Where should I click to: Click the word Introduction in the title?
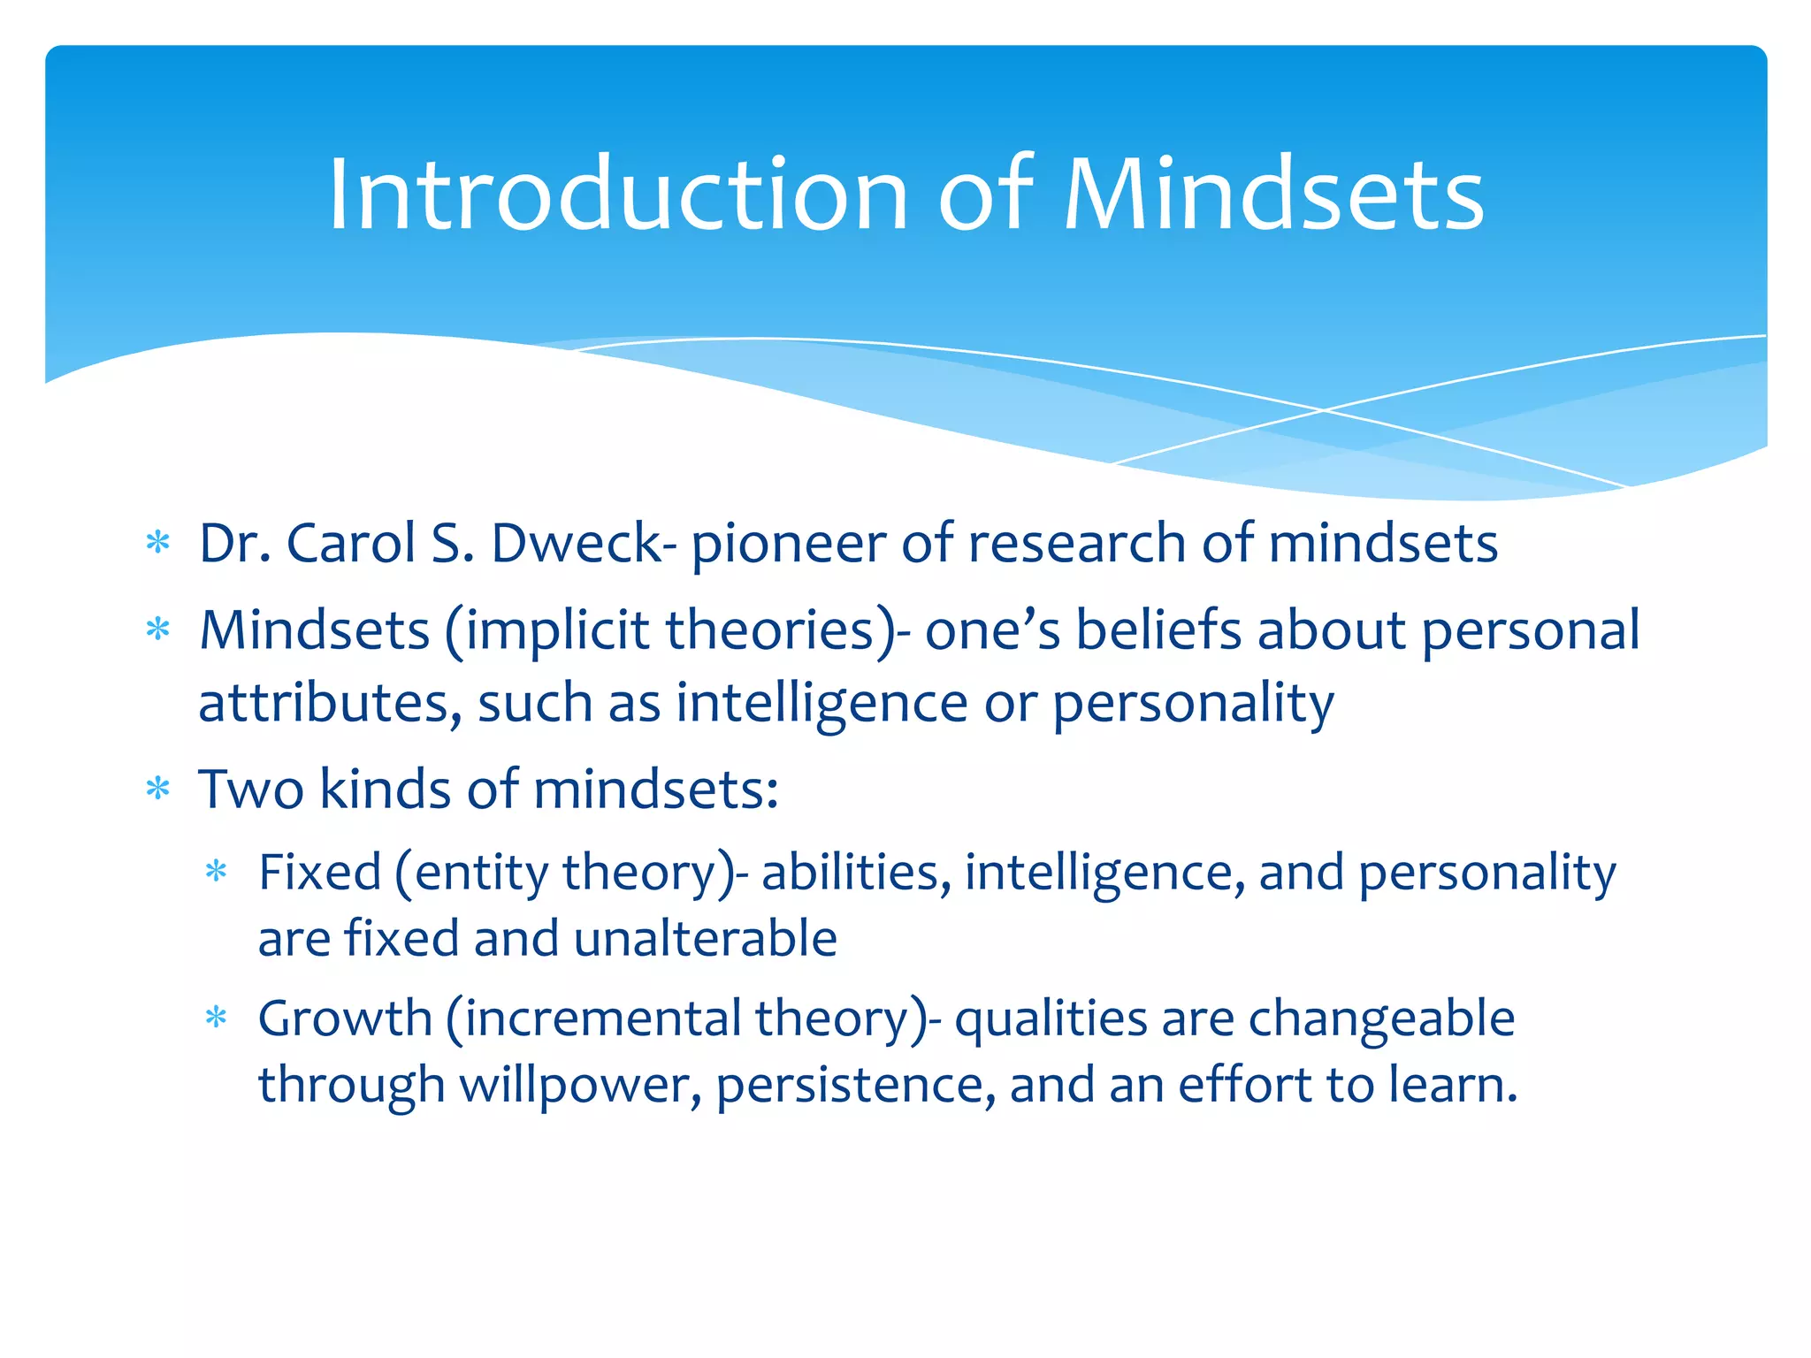point(618,195)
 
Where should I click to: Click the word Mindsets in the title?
point(1273,195)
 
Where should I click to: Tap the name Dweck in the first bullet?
point(576,543)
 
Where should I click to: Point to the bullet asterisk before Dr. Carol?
point(158,543)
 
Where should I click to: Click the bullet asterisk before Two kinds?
point(158,789)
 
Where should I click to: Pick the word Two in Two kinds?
point(251,789)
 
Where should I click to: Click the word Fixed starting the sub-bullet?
point(319,873)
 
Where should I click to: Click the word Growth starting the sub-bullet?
point(345,1018)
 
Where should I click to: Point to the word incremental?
point(602,1018)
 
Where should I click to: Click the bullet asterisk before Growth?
point(217,1018)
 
